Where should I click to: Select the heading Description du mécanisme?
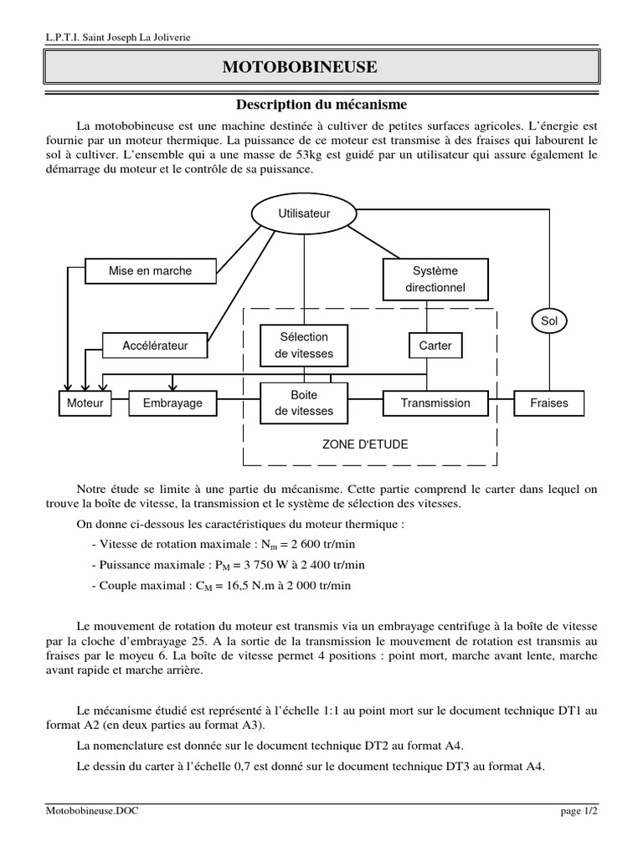[x=321, y=105]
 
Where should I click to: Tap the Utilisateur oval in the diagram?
[x=304, y=213]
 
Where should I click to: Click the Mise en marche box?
[x=151, y=270]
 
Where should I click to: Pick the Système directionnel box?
[x=435, y=280]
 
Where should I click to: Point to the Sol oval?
[x=549, y=321]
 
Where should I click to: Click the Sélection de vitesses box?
[x=303, y=345]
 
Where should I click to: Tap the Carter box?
[x=435, y=345]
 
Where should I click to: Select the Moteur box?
[x=85, y=403]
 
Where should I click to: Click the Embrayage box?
[x=172, y=403]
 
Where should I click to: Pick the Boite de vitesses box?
[x=303, y=403]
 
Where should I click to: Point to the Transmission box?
[x=435, y=403]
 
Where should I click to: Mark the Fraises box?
[x=549, y=403]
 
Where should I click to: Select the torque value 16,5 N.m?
[x=230, y=586]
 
